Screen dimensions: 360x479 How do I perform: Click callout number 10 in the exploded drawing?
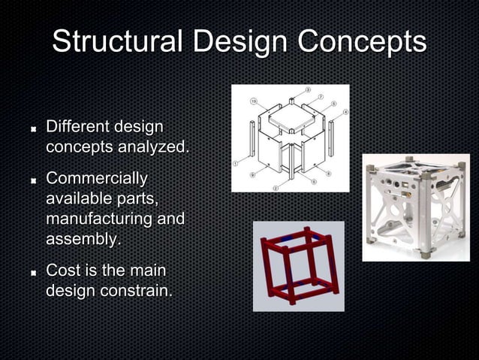point(254,101)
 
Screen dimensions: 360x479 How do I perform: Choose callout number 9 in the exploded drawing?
point(252,174)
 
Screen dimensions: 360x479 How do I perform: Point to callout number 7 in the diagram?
point(321,98)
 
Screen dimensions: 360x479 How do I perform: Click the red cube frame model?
point(298,265)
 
